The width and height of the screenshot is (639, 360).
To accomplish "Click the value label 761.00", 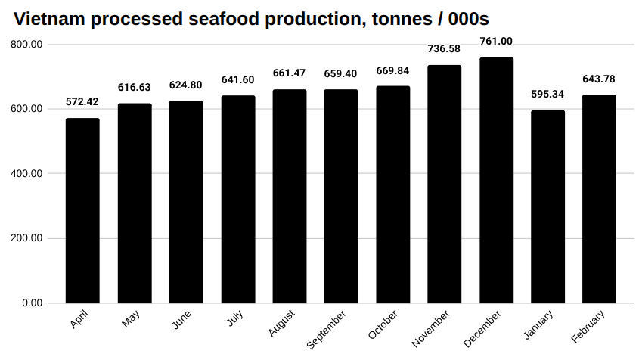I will coord(496,42).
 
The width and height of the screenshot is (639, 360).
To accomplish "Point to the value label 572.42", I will coord(82,103).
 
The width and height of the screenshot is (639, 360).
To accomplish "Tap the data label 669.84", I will coord(392,71).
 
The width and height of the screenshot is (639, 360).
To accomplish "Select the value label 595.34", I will coord(547,95).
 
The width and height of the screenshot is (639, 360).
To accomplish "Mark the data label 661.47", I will coord(290,73).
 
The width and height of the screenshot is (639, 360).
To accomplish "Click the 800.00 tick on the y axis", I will coord(27,45).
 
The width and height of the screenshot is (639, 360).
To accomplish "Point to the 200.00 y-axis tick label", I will coord(27,238).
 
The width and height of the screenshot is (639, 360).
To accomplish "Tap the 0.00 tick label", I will coord(32,303).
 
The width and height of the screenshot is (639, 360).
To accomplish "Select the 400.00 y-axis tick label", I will coord(27,174).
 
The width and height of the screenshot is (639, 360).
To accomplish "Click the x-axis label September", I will coord(327,329).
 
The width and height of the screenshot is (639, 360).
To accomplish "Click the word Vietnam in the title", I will coord(48,18).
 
